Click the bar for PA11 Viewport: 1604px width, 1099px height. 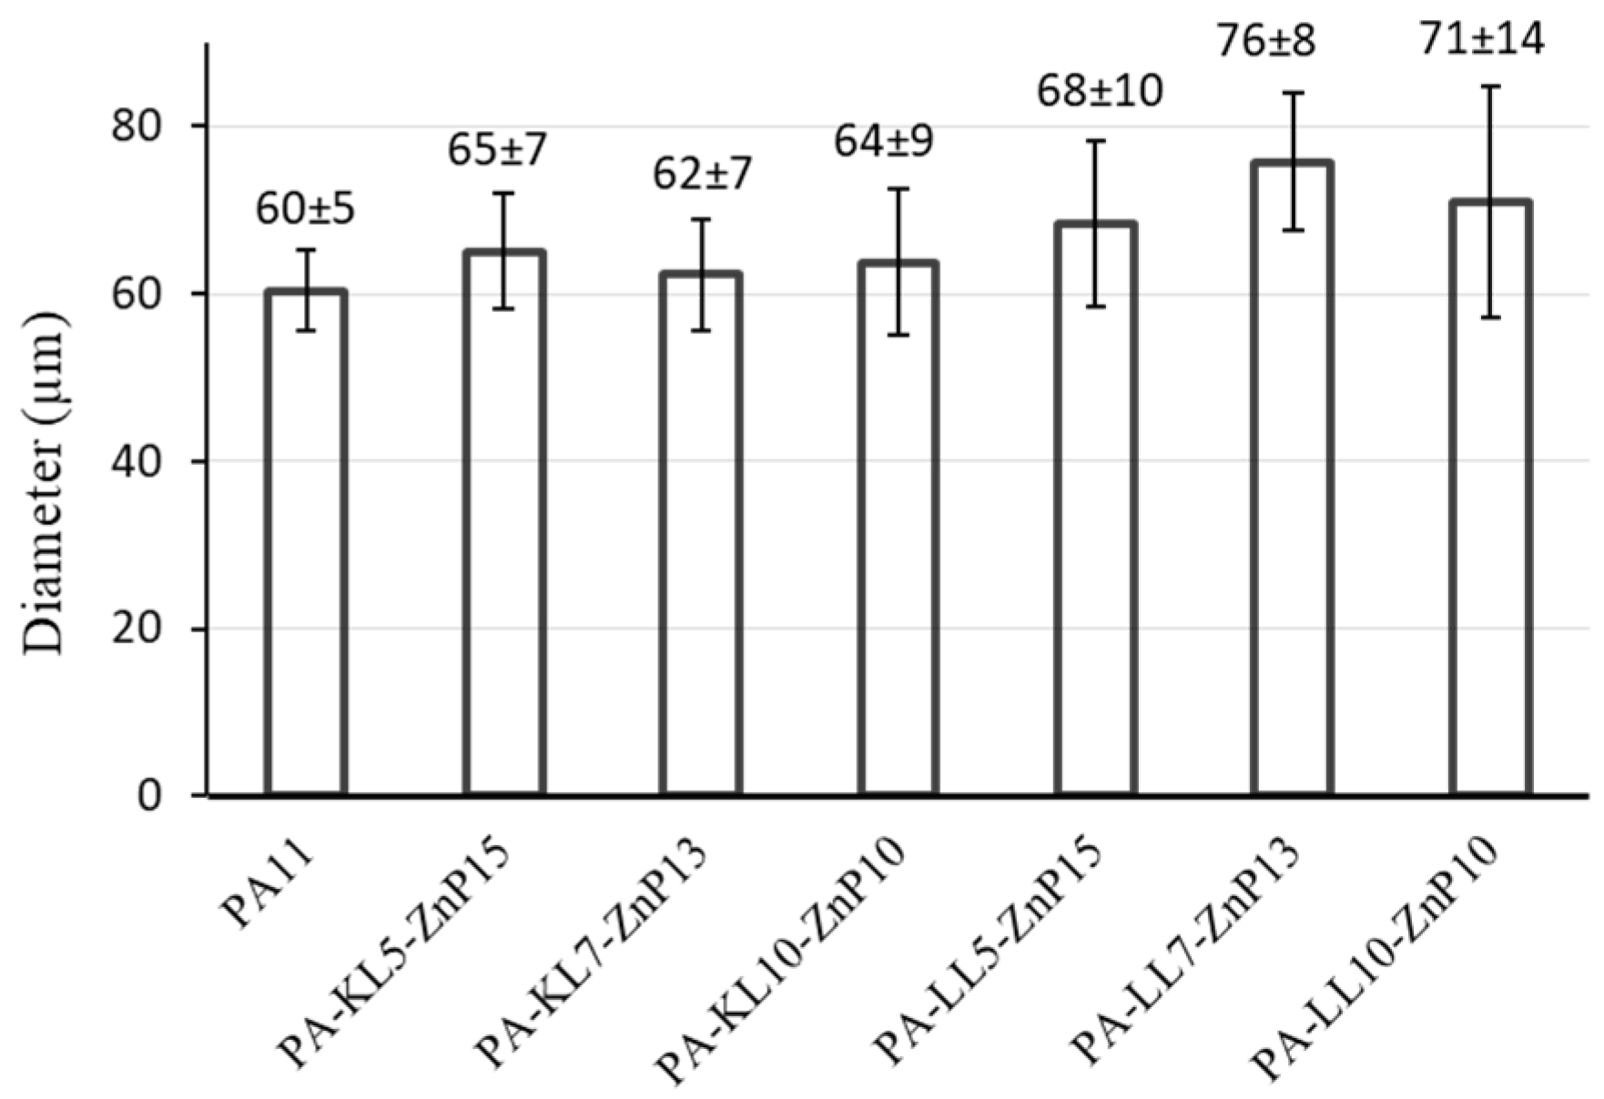point(306,546)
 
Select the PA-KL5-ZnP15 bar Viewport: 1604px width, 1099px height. point(503,528)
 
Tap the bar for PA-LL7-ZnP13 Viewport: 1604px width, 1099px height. point(1292,482)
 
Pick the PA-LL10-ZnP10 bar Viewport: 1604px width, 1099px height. point(1490,500)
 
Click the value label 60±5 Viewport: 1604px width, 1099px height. point(304,209)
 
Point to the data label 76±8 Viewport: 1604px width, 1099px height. point(1266,40)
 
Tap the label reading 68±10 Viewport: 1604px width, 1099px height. point(1099,91)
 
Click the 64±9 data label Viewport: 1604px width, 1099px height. point(883,142)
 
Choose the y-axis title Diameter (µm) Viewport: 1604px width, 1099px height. point(44,482)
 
